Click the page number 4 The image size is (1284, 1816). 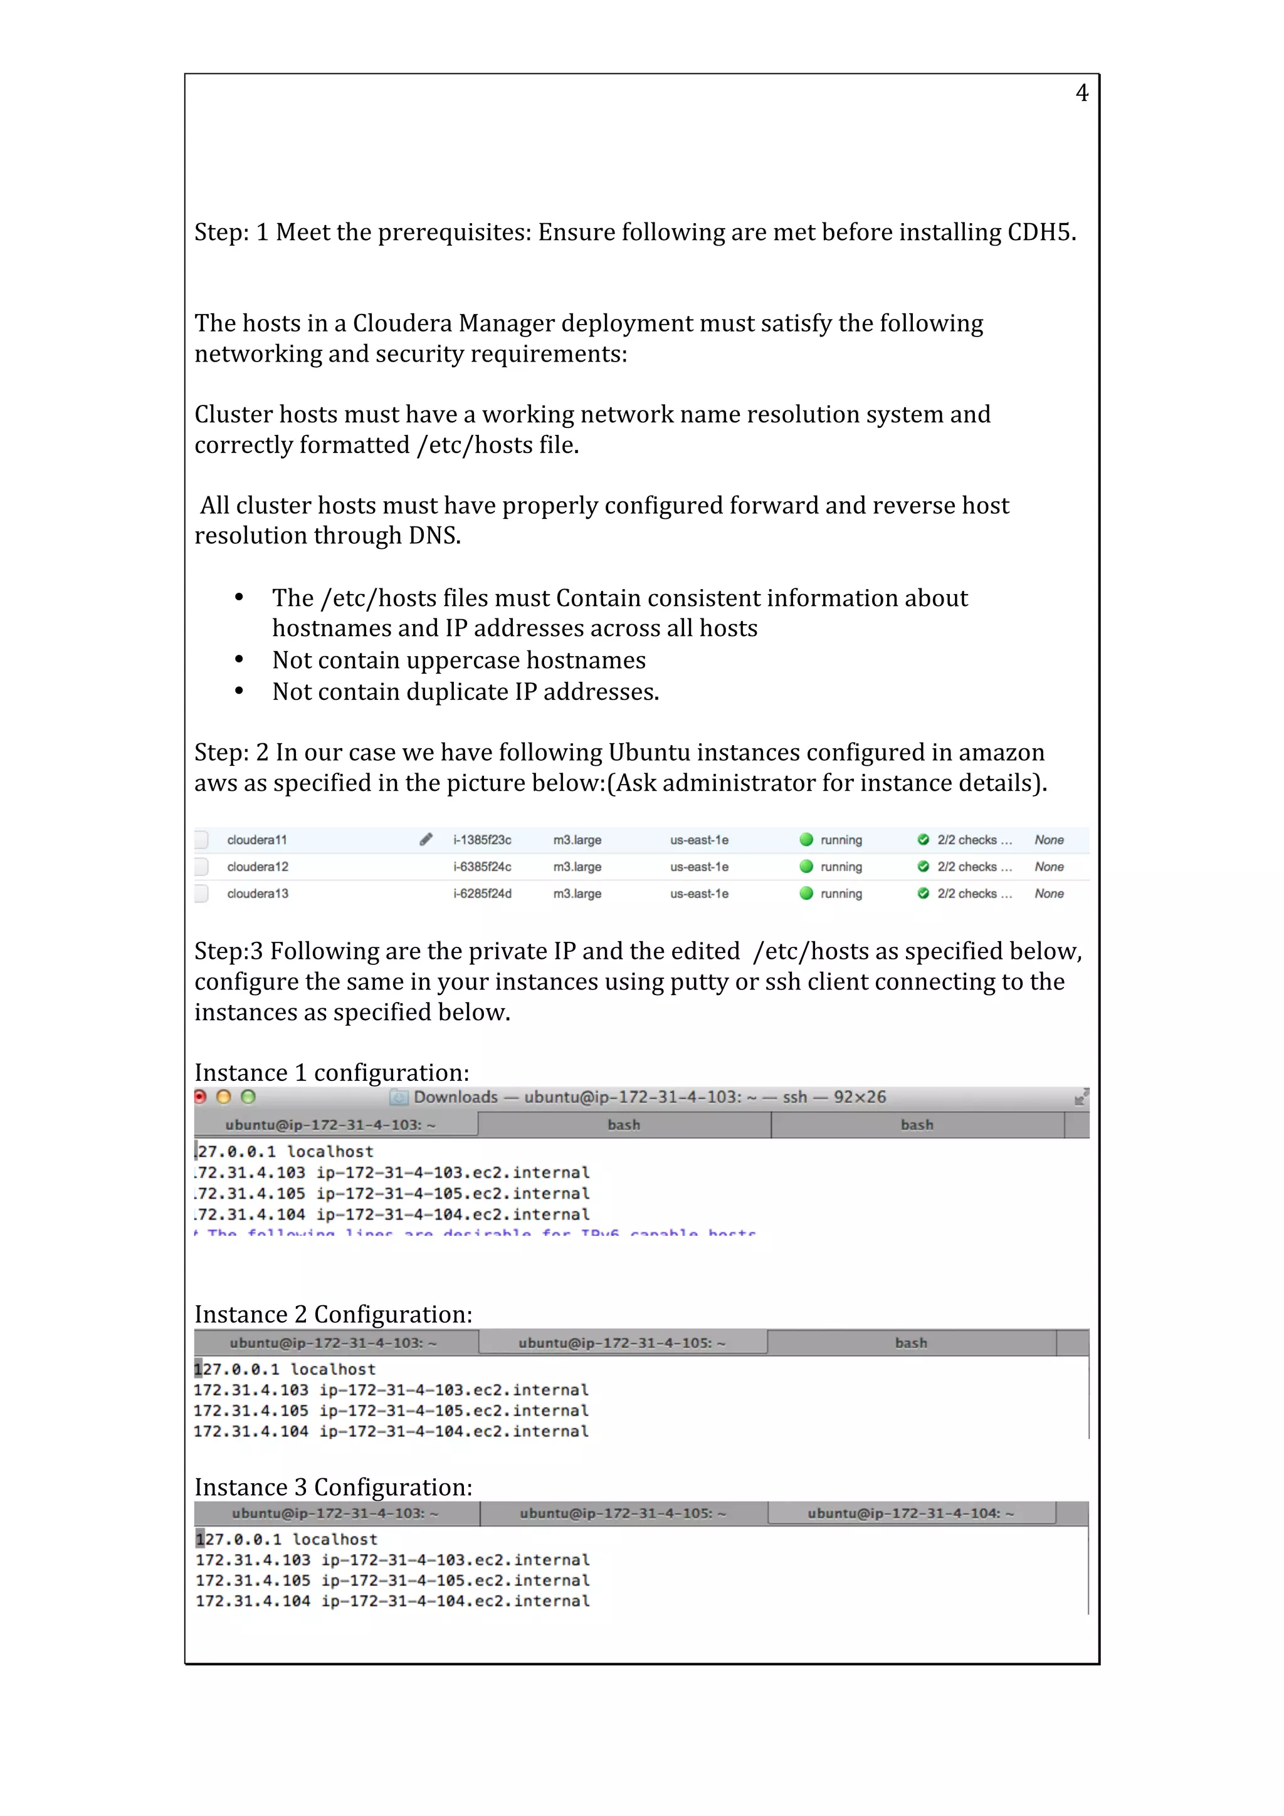[1081, 93]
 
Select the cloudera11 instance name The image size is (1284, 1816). [256, 840]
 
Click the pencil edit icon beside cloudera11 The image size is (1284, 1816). [426, 839]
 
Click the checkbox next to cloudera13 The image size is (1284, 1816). [202, 894]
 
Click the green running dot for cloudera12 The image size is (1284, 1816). [806, 867]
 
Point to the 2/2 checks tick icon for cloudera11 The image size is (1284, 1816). [922, 840]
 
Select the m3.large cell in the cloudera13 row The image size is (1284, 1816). [577, 894]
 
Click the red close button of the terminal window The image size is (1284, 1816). [200, 1097]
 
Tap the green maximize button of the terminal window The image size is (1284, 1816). [248, 1097]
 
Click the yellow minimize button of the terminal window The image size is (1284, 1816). [224, 1097]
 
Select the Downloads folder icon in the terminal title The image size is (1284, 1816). [399, 1098]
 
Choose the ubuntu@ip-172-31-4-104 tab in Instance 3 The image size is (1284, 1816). [910, 1513]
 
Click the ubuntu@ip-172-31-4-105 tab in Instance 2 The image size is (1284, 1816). [622, 1343]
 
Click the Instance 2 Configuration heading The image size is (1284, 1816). [333, 1315]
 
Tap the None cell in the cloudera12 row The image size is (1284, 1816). [1049, 867]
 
